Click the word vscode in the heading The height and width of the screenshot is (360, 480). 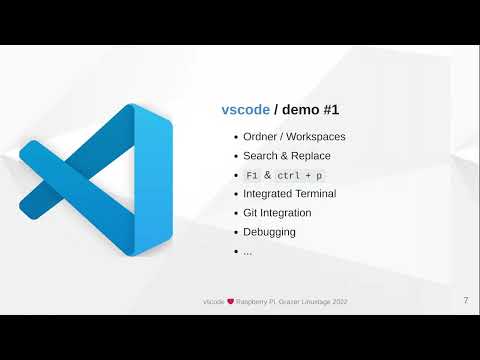245,110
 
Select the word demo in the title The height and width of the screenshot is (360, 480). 304,110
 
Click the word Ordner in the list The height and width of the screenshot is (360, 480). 262,137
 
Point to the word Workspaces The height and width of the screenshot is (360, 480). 319,137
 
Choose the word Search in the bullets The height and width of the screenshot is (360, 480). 261,156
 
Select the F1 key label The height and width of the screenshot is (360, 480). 251,175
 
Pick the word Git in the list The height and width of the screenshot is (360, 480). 251,213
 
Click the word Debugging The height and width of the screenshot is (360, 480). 269,232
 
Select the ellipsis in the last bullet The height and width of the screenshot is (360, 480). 247,251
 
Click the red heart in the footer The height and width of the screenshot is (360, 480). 229,300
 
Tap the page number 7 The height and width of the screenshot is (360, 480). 466,300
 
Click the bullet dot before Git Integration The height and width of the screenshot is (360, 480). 235,213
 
